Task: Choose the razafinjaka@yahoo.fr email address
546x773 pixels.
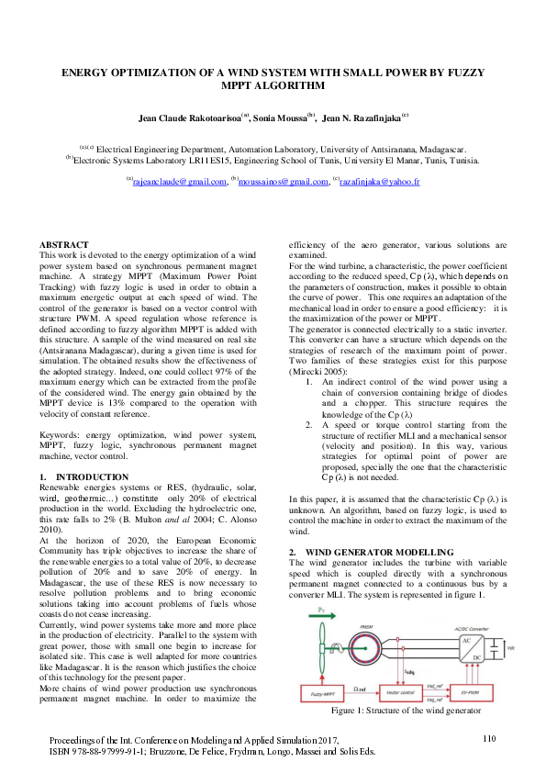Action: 378,183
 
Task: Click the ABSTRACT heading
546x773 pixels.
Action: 64,245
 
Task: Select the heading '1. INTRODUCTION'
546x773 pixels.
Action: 84,477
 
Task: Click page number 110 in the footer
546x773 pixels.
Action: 488,738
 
